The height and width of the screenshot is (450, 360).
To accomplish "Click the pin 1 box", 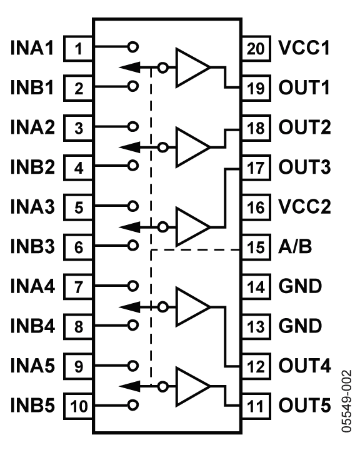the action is [x=78, y=49].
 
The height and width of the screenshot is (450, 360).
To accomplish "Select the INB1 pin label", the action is [x=32, y=87].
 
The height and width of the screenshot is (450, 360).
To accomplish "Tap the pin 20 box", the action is [x=256, y=49].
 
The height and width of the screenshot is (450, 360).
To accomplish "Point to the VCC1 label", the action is [x=304, y=47].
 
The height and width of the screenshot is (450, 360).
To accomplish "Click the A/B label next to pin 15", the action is [x=295, y=246].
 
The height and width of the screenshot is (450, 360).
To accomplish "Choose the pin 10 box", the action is [x=78, y=406].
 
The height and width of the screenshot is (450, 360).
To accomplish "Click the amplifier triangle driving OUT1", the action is [x=193, y=67].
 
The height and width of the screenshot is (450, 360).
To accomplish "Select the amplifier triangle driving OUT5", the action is [x=193, y=387].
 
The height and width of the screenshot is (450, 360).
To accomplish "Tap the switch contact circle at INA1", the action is [x=132, y=46].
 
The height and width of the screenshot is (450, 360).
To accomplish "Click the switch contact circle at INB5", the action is [x=132, y=405].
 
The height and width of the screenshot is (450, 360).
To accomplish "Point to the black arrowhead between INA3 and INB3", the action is [x=130, y=227].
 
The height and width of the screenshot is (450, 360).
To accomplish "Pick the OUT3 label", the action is [x=304, y=167].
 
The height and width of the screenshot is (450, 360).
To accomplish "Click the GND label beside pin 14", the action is [x=300, y=286].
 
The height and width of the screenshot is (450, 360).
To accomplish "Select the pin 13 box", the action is [x=256, y=326].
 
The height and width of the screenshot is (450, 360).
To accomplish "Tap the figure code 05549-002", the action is [x=346, y=401].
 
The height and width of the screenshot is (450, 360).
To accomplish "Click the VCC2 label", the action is [x=304, y=207].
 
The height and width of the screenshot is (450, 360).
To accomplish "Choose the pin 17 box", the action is [x=256, y=168].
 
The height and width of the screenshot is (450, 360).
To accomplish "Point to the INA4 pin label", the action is [x=32, y=286].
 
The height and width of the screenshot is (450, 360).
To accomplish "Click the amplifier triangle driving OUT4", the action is [x=193, y=307].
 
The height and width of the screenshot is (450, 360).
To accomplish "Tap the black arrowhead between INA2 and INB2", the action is [x=130, y=147].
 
